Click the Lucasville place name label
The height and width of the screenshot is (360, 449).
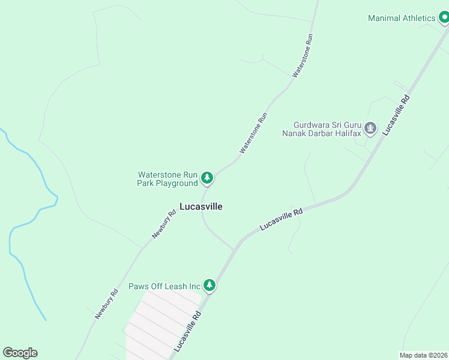(201, 206)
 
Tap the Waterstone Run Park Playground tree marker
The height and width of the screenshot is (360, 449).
(207, 178)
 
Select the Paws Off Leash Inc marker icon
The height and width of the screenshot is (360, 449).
(209, 285)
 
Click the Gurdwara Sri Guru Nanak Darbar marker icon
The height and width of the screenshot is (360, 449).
(370, 128)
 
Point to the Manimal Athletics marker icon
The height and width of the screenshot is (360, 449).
(444, 19)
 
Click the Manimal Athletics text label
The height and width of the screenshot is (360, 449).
(402, 18)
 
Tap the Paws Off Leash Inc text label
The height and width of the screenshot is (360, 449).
(164, 286)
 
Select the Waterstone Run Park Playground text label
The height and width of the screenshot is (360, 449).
(167, 179)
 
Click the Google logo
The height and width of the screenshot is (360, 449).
(20, 353)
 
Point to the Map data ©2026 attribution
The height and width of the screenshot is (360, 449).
(423, 355)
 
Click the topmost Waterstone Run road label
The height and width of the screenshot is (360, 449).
(303, 55)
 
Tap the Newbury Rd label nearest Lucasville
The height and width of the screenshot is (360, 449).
(164, 224)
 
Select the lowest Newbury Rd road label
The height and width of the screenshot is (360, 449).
(106, 304)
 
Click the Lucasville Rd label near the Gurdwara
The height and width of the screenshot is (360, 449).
(397, 114)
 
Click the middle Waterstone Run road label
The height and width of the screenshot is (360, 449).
(253, 133)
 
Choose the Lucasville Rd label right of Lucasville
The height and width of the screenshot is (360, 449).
(281, 219)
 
